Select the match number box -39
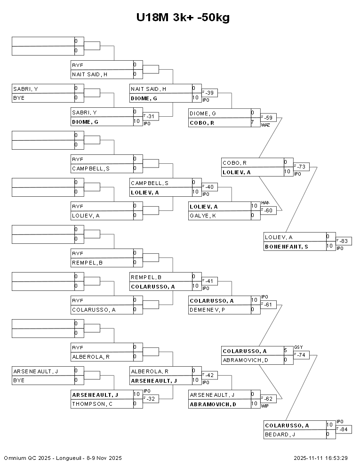(x=210, y=93)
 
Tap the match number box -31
(x=151, y=116)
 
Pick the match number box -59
(x=269, y=117)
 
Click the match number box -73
(x=302, y=167)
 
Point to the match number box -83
(x=344, y=241)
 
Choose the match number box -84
(x=344, y=429)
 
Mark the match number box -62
(x=269, y=399)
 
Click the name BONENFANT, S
(x=287, y=247)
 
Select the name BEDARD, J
(x=280, y=434)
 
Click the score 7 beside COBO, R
(x=253, y=122)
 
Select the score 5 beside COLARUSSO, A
(x=286, y=351)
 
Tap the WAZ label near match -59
(x=265, y=125)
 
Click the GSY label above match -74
(x=298, y=347)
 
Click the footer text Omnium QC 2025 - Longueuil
(x=63, y=458)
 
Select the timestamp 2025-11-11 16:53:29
(x=320, y=458)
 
